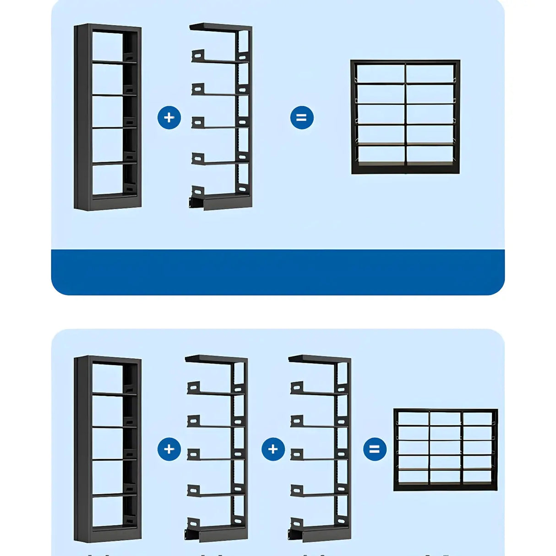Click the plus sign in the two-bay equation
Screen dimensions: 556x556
click(169, 118)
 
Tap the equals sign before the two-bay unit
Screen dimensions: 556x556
click(302, 118)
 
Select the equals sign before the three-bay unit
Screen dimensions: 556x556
click(375, 449)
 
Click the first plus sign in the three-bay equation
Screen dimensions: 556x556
click(169, 449)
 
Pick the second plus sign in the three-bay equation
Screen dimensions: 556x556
click(273, 449)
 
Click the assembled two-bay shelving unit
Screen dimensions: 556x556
click(405, 117)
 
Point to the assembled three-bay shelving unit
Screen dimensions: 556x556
click(445, 449)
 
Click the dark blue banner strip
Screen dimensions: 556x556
click(278, 272)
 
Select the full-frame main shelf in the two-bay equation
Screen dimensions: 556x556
click(108, 117)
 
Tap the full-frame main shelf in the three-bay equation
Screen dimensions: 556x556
click(108, 449)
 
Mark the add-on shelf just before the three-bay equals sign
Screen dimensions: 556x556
click(321, 449)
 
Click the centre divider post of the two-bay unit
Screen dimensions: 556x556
click(405, 117)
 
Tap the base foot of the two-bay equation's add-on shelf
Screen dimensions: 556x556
click(220, 202)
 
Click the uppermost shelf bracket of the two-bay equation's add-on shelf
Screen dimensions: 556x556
click(198, 56)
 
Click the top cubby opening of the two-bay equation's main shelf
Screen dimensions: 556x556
click(107, 46)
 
